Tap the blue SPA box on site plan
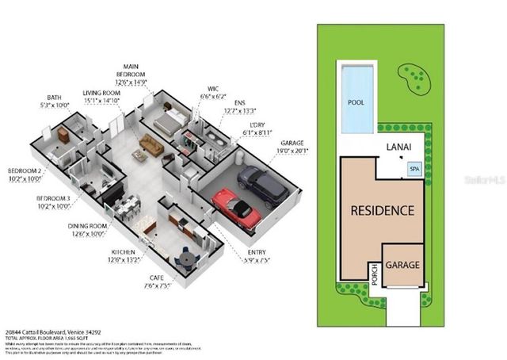point(414,169)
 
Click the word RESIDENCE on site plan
point(382,211)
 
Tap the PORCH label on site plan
point(373,278)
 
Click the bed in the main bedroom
point(169,121)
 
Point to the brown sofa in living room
point(151,145)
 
